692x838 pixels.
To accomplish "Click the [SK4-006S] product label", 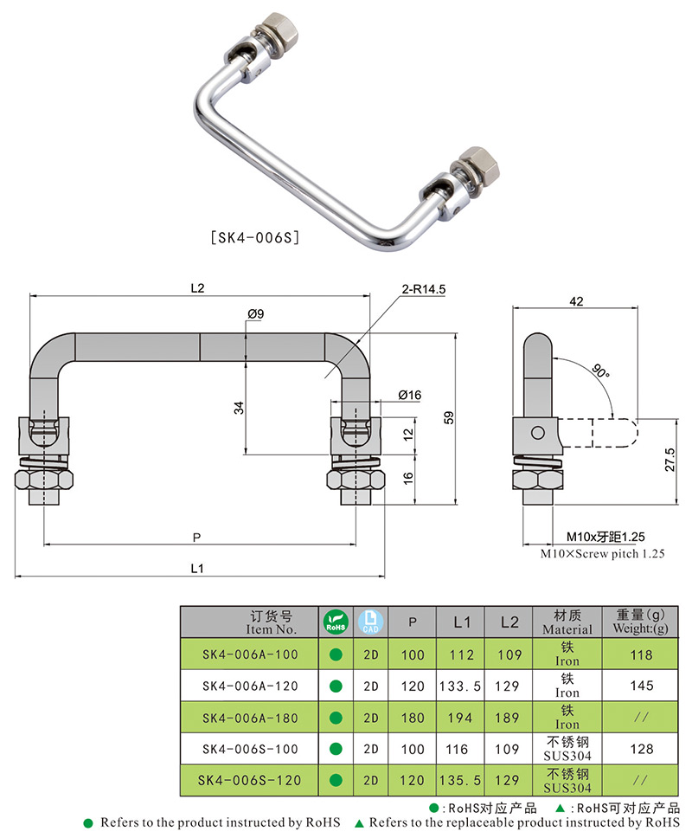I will pos(255,236).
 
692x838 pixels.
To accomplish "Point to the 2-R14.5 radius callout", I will pos(423,290).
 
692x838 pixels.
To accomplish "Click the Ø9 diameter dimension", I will pos(255,313).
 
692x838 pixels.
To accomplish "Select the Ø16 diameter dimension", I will pos(409,395).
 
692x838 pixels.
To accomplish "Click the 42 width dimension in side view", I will pos(577,301).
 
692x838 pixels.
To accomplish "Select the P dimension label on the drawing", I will pos(197,537).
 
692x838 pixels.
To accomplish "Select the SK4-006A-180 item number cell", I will pos(249,717).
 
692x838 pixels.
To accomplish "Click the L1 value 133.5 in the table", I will pos(461,686).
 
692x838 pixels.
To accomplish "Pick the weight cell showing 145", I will pos(641,686).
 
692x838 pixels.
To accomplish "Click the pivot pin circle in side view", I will pos(537,431).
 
